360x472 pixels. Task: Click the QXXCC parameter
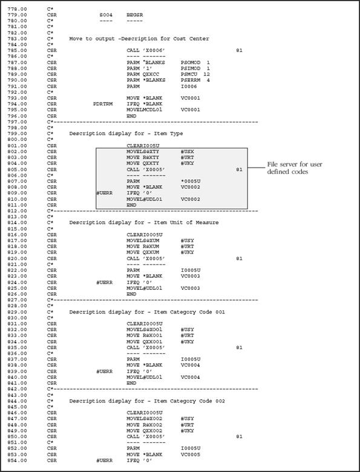click(x=152, y=74)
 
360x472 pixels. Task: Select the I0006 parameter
click(x=188, y=86)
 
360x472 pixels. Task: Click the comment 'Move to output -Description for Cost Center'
click(x=139, y=39)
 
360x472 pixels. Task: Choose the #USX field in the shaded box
click(x=187, y=151)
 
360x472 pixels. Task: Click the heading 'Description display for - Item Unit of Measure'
click(x=144, y=223)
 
